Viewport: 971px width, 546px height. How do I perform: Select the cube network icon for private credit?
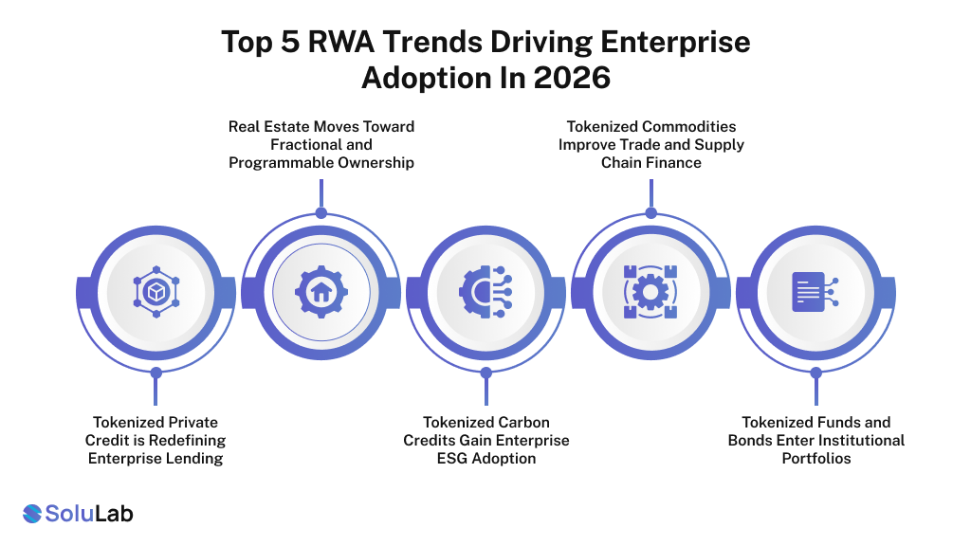click(x=156, y=292)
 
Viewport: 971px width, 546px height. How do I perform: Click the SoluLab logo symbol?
click(x=32, y=514)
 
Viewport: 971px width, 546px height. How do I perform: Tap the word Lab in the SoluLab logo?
click(x=112, y=514)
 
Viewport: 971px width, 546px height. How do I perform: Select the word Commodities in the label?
click(x=689, y=126)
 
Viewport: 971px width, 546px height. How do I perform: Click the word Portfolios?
click(x=816, y=458)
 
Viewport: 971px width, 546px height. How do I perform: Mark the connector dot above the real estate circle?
click(x=321, y=212)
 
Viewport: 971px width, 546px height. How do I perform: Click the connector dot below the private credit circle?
click(x=156, y=372)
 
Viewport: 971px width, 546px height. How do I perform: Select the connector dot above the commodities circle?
click(x=650, y=212)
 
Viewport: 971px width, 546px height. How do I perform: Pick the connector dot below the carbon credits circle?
click(x=485, y=372)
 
